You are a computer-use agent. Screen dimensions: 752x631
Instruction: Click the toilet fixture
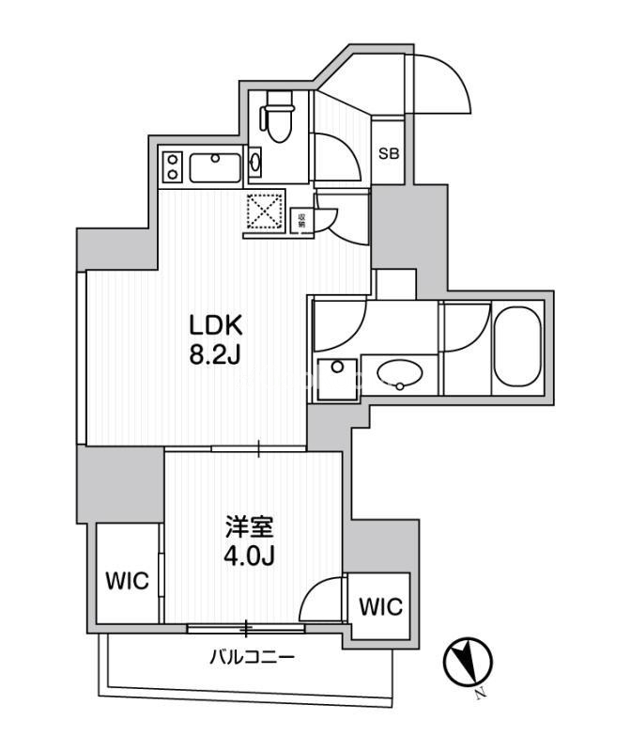point(278,118)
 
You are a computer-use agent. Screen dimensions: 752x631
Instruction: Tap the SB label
point(388,152)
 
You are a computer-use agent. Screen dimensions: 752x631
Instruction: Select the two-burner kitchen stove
point(172,168)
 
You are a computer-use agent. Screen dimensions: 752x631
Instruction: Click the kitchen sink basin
point(217,169)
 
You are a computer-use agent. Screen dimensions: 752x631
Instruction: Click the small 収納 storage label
point(301,222)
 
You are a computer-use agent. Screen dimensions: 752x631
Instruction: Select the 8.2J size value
point(217,359)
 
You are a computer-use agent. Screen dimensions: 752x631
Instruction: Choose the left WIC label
point(127,582)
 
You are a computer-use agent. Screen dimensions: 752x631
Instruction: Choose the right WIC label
point(380,606)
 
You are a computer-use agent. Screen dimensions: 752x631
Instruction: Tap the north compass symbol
point(467,665)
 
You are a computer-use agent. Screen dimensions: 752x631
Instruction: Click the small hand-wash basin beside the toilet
point(257,164)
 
